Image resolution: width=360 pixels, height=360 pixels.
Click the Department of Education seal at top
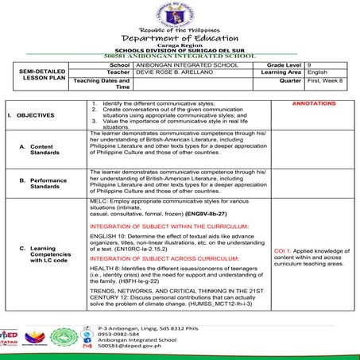(180, 14)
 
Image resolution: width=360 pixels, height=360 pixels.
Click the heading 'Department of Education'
(180, 38)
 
